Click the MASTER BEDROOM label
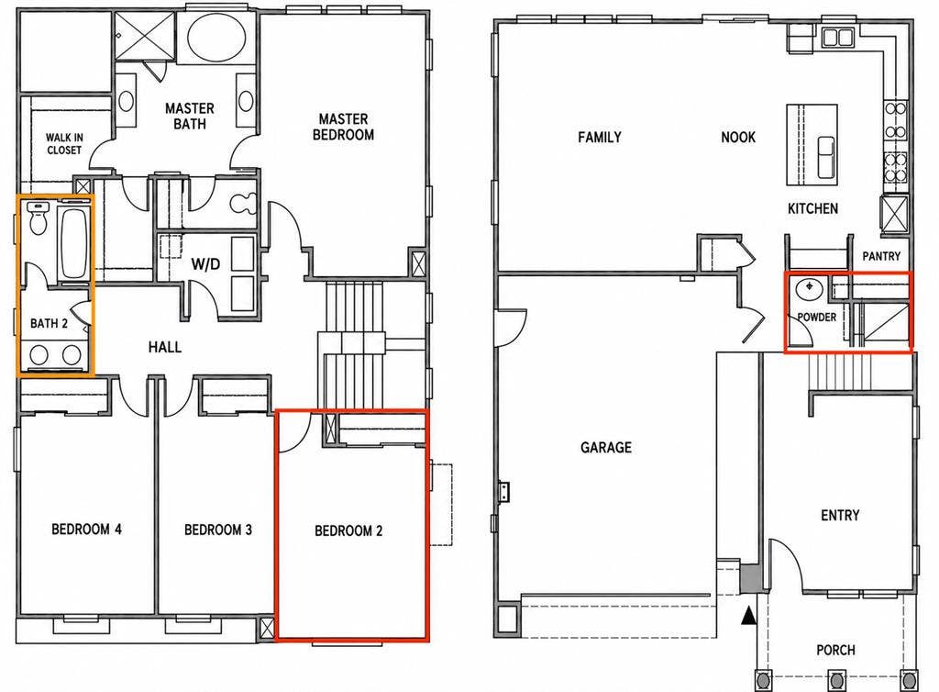click(343, 127)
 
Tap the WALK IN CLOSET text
click(64, 144)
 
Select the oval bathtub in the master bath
click(216, 37)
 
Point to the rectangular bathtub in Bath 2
click(73, 242)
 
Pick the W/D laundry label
click(205, 264)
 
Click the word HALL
click(165, 347)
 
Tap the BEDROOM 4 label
click(87, 529)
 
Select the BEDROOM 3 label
click(218, 530)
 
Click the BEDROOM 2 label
click(348, 530)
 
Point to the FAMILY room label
click(600, 137)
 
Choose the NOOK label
click(738, 137)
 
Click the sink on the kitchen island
click(826, 156)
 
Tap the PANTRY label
click(881, 256)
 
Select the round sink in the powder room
click(809, 289)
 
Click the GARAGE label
click(606, 447)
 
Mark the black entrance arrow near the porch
click(748, 615)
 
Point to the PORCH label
click(835, 650)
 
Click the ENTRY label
click(840, 515)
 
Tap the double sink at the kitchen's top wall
click(837, 37)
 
